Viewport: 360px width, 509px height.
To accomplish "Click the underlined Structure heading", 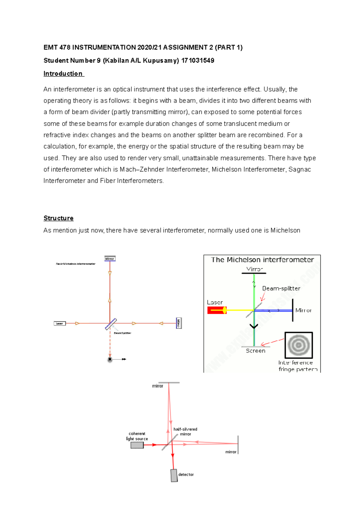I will point(58,218).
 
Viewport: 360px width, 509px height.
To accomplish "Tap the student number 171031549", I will point(198,61).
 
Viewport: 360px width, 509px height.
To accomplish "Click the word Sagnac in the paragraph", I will point(299,170).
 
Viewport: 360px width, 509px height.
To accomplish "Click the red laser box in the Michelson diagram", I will point(217,310).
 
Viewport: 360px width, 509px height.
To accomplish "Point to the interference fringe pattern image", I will point(298,345).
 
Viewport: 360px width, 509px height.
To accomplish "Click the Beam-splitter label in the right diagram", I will point(281,288).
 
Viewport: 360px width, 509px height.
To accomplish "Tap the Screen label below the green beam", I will point(255,351).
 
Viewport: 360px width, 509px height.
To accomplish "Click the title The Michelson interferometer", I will point(262,260).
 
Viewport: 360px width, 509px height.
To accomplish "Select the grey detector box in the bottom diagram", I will point(174,475).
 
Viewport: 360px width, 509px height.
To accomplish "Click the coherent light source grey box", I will point(137,445).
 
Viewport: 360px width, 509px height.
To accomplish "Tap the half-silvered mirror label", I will point(185,432).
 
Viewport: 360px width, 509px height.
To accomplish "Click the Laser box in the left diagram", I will point(60,323).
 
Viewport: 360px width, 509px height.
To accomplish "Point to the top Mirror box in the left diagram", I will point(110,259).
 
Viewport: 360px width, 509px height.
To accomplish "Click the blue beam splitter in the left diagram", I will point(111,324).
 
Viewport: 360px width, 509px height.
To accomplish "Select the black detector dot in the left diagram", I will point(110,359).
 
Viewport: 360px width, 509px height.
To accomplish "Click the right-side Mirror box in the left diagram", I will point(178,323).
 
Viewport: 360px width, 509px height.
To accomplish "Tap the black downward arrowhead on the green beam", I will point(254,326).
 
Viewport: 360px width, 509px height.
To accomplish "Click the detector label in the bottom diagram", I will point(186,475).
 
